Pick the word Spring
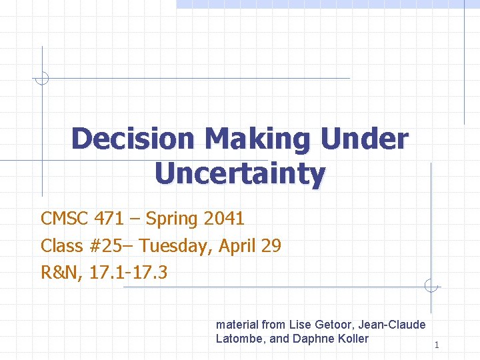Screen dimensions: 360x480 (172, 219)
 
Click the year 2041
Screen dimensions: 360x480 (224, 219)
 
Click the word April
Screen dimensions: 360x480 (238, 247)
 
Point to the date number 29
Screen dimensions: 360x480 (271, 246)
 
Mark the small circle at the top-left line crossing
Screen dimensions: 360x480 (42, 78)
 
